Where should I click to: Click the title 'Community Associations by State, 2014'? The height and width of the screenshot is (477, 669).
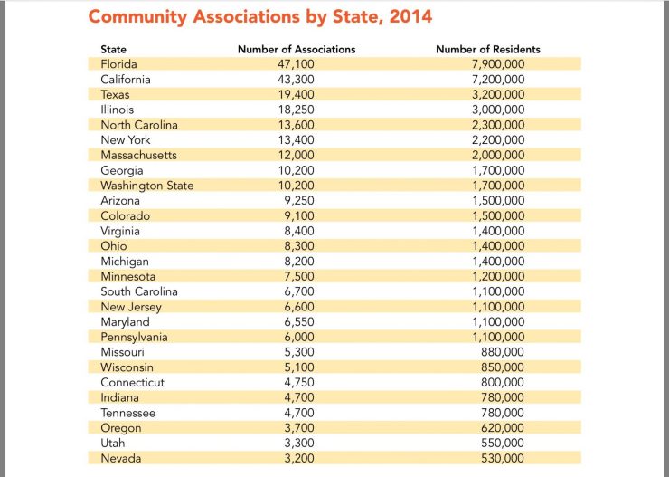[259, 17]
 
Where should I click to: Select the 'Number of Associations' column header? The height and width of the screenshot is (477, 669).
[297, 49]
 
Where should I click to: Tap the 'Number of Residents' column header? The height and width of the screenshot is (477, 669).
[488, 49]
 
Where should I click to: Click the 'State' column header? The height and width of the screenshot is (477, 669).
[114, 49]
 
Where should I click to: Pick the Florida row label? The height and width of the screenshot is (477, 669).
[121, 64]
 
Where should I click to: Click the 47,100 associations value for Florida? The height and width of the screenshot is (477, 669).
[296, 64]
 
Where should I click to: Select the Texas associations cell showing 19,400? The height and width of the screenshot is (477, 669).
[296, 94]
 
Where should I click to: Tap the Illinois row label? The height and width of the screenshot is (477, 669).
[118, 110]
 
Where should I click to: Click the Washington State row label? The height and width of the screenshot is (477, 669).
[146, 186]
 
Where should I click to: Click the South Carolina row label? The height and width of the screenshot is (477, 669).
[139, 291]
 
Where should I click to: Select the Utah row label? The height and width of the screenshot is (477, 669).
[113, 444]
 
